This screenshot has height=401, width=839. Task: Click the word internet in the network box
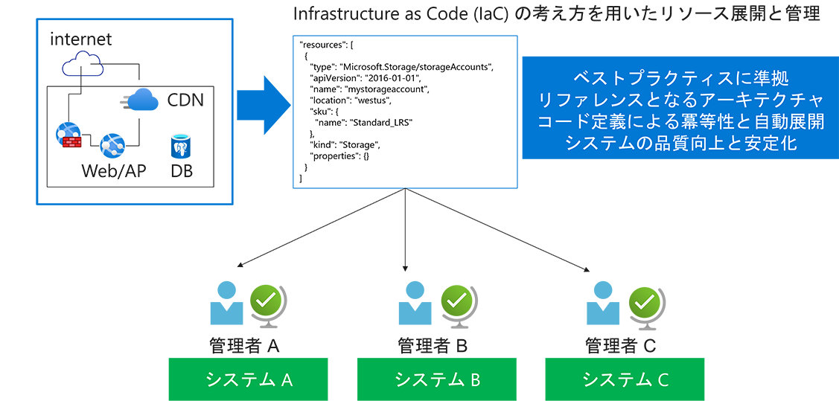click(x=81, y=39)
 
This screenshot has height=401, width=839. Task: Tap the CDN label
click(x=185, y=99)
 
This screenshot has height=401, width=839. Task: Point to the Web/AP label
click(x=114, y=172)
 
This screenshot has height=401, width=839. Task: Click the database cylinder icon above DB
click(x=182, y=147)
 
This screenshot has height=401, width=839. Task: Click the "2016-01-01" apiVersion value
click(x=392, y=78)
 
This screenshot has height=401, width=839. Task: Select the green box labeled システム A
click(x=249, y=379)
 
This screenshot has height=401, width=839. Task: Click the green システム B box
click(x=437, y=379)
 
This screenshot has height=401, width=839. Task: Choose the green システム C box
click(x=625, y=379)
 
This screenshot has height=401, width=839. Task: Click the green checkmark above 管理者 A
click(x=265, y=301)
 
